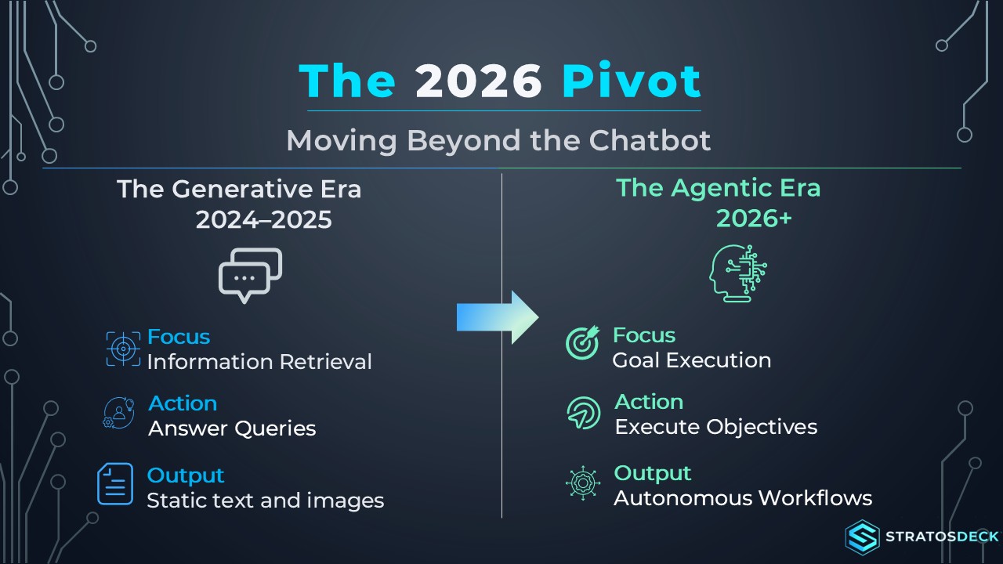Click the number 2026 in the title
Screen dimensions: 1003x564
pyautogui.click(x=478, y=81)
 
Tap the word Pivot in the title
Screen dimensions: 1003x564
pyautogui.click(x=631, y=81)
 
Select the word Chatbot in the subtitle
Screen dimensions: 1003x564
pyautogui.click(x=650, y=140)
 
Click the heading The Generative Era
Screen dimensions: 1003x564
pyautogui.click(x=239, y=189)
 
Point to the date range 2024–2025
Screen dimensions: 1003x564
pyautogui.click(x=264, y=220)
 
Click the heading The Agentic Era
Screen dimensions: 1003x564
pyautogui.click(x=719, y=188)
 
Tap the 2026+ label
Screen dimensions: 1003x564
pyautogui.click(x=754, y=219)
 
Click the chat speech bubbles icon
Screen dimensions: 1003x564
pyautogui.click(x=250, y=275)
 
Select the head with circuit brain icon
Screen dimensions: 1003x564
pyautogui.click(x=738, y=273)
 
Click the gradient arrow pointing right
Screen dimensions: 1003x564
pyautogui.click(x=498, y=317)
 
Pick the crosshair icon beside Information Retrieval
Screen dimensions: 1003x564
pyautogui.click(x=123, y=349)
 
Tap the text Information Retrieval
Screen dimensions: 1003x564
pyautogui.click(x=259, y=362)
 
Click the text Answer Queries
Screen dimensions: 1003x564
pyautogui.click(x=232, y=428)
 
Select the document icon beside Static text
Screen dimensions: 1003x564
pyautogui.click(x=115, y=484)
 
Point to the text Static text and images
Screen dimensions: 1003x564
pyautogui.click(x=266, y=501)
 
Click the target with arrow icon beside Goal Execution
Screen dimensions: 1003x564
pyautogui.click(x=582, y=342)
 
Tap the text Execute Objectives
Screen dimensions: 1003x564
pyautogui.click(x=716, y=427)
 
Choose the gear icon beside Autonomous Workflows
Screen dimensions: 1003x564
pyautogui.click(x=582, y=483)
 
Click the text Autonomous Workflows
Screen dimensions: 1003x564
pyautogui.click(x=743, y=498)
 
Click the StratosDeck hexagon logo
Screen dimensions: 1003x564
pyautogui.click(x=862, y=537)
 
